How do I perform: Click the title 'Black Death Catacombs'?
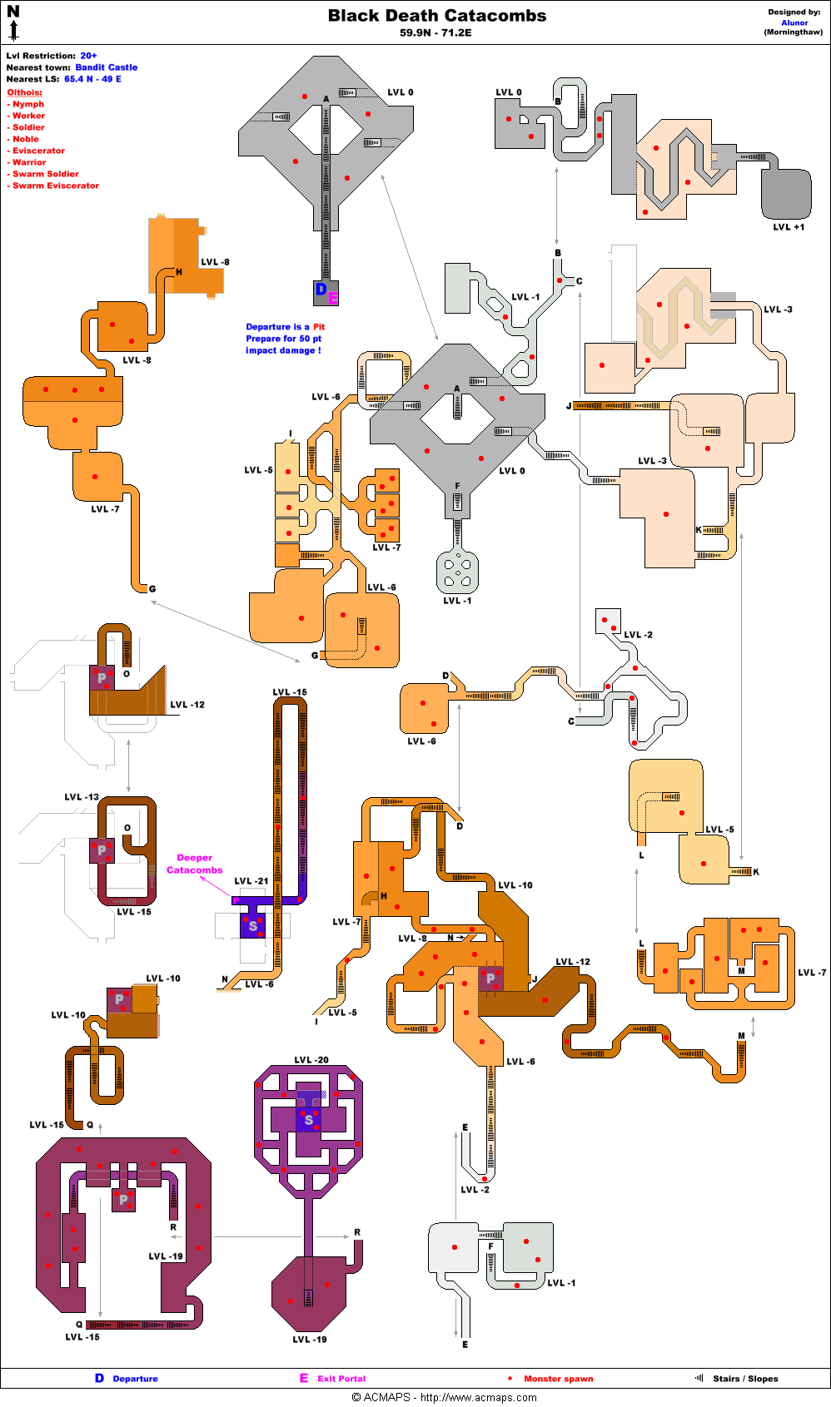[437, 16]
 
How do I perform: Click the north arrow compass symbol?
[13, 22]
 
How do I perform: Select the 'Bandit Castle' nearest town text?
[107, 67]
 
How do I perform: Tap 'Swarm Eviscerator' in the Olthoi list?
[55, 186]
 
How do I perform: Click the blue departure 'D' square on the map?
[321, 290]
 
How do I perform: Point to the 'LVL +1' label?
[789, 227]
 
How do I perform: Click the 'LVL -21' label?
[251, 881]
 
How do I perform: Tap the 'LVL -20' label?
[311, 1060]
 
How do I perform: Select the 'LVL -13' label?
[82, 797]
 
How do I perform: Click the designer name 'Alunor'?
[794, 22]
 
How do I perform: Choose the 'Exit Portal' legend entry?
[341, 1379]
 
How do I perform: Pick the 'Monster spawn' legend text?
[558, 1379]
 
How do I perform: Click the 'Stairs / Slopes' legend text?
[745, 1379]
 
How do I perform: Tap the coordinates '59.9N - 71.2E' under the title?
[435, 33]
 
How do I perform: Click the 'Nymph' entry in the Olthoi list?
[28, 104]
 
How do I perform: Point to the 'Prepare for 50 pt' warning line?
[283, 339]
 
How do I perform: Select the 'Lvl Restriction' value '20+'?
[88, 56]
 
